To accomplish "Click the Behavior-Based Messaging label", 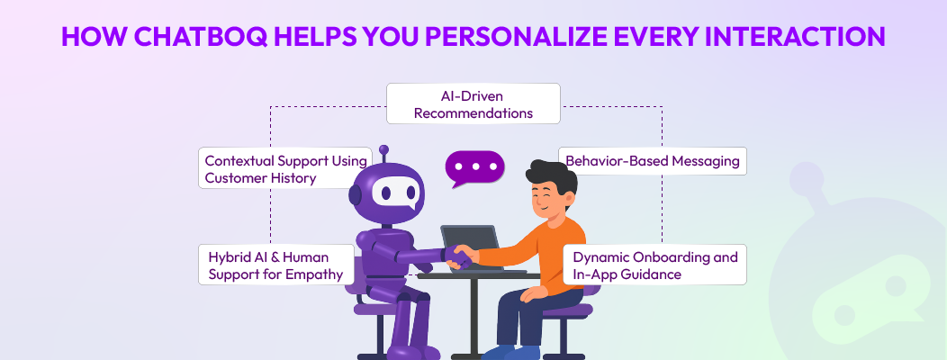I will coord(653,161).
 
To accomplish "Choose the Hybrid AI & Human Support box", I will coord(274,265).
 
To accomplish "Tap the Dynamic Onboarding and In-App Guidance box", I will coord(655,265).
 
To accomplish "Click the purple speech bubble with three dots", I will coord(475,167).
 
